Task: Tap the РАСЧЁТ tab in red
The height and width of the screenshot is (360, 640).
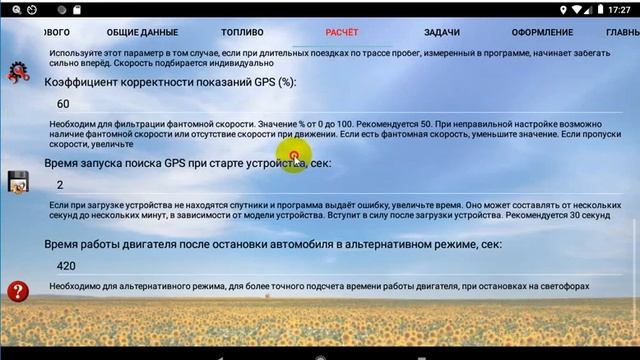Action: point(342,32)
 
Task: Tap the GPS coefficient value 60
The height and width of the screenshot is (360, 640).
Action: point(64,104)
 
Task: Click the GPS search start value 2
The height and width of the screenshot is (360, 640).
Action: point(61,185)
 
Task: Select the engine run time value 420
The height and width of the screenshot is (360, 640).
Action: point(67,266)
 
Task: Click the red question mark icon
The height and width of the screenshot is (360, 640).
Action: point(17,291)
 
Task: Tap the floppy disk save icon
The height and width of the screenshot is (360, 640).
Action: point(17,181)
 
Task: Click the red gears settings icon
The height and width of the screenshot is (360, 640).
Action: point(17,71)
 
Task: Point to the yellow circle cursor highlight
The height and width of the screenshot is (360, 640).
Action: point(294,155)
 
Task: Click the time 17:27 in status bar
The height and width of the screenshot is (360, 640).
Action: point(620,10)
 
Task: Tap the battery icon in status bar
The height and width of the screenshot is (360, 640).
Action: point(598,10)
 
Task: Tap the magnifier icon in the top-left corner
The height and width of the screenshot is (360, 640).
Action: point(7,10)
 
